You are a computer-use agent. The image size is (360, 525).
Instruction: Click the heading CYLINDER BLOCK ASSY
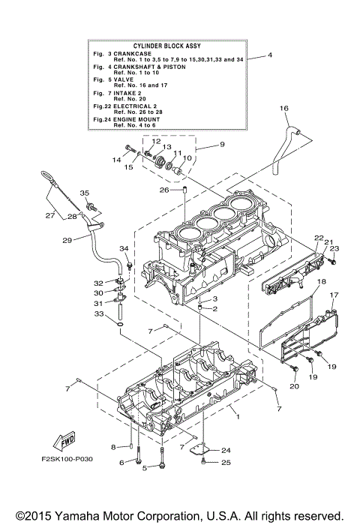[x=166, y=46]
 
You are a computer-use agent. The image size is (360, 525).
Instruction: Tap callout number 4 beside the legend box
[x=270, y=56]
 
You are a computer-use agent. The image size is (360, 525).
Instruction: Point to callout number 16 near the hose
[x=284, y=109]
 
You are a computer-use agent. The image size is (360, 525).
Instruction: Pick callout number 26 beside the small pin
[x=163, y=190]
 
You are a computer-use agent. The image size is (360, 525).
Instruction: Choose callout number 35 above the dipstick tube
[x=84, y=193]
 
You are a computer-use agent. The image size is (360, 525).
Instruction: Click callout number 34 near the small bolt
[x=124, y=249]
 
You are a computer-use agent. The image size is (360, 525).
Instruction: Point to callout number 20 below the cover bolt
[x=294, y=385]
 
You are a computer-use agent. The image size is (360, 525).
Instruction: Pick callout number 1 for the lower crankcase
[x=237, y=415]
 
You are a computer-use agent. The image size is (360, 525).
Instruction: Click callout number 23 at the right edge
[x=334, y=248]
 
